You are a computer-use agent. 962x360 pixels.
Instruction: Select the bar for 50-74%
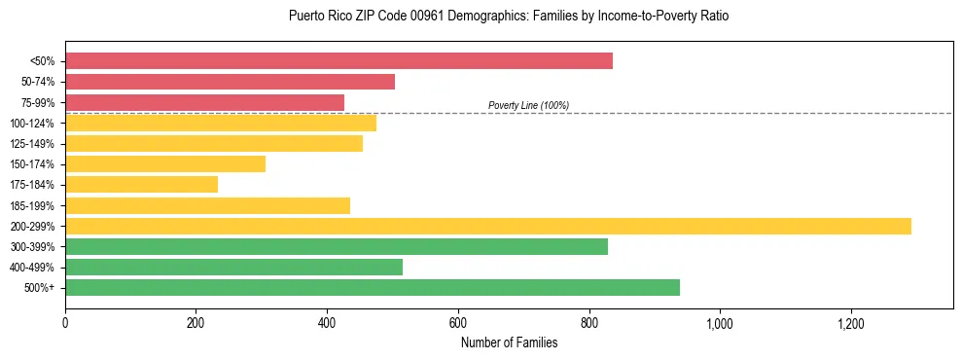pyautogui.click(x=230, y=81)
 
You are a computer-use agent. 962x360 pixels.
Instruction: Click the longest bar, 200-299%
pyautogui.click(x=487, y=226)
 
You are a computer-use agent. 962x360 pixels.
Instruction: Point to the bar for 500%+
pyautogui.click(x=372, y=287)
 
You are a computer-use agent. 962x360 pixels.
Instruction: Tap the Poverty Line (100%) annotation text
pyautogui.click(x=528, y=105)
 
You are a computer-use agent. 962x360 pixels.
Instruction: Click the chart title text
pyautogui.click(x=509, y=17)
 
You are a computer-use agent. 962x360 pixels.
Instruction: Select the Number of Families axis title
pyautogui.click(x=509, y=342)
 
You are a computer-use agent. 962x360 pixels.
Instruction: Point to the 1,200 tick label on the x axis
pyautogui.click(x=850, y=322)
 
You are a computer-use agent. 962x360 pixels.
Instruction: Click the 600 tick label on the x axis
pyautogui.click(x=458, y=322)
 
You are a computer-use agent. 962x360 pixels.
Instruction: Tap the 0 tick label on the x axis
pyautogui.click(x=65, y=322)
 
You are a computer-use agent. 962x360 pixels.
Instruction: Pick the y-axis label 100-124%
pyautogui.click(x=32, y=124)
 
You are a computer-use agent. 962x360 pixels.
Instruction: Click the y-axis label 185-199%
pyautogui.click(x=32, y=205)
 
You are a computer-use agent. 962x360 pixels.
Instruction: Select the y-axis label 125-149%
pyautogui.click(x=32, y=144)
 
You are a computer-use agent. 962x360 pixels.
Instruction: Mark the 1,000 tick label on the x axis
pyautogui.click(x=720, y=322)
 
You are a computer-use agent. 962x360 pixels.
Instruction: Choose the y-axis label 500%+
pyautogui.click(x=40, y=288)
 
